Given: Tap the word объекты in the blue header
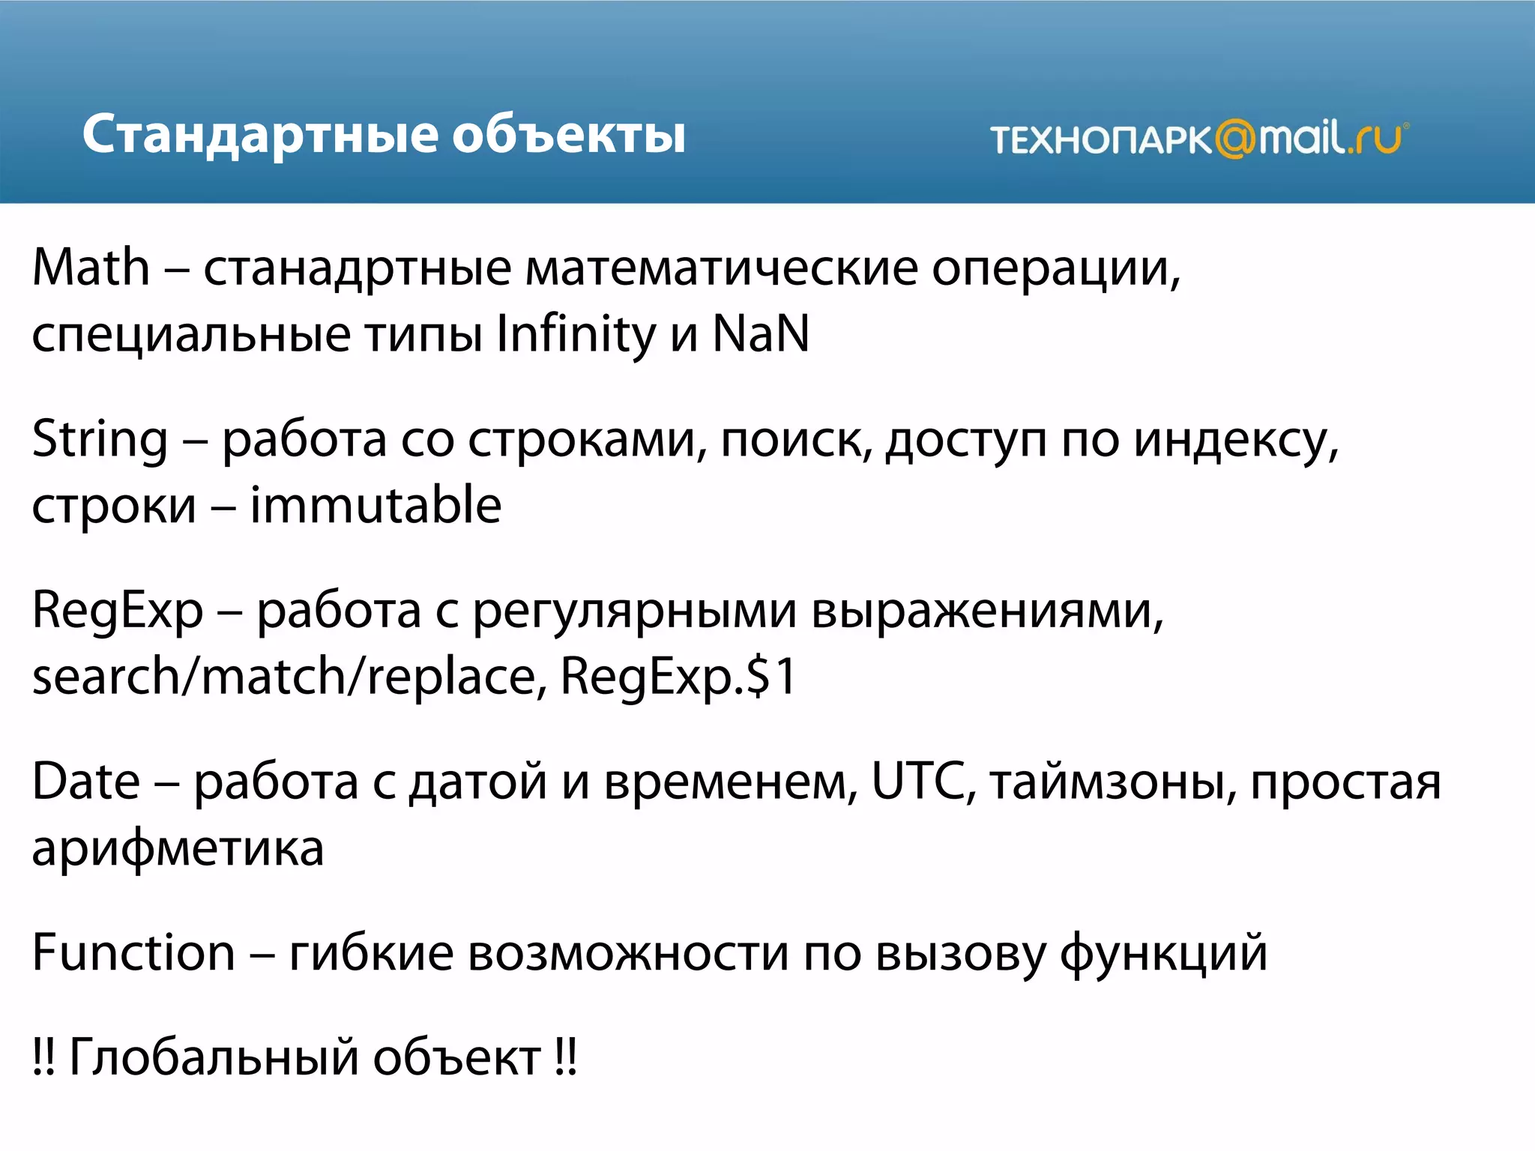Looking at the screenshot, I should tap(569, 135).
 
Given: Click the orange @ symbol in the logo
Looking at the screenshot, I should tap(1234, 139).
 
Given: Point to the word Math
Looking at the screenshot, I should tap(91, 268).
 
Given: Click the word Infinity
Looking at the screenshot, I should tap(576, 334).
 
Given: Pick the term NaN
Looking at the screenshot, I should tap(761, 334).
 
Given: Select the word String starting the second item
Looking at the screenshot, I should tap(100, 439).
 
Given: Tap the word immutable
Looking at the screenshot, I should tap(376, 505).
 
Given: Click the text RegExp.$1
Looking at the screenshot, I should tap(678, 677).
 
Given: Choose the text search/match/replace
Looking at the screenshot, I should tap(284, 677).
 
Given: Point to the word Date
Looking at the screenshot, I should tap(86, 782).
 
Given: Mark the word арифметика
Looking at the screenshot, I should tap(178, 849).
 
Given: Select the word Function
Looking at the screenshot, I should tap(133, 953).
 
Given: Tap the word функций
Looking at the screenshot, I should tap(1163, 953).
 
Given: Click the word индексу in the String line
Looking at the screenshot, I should tap(1235, 441).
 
